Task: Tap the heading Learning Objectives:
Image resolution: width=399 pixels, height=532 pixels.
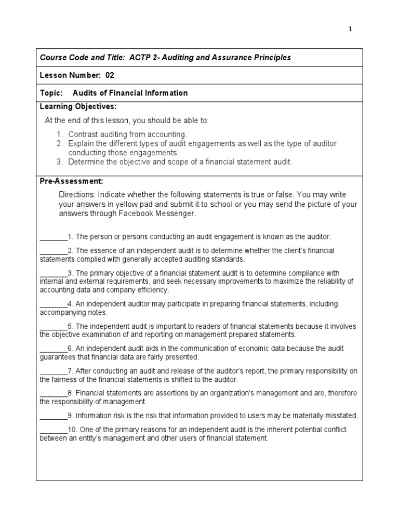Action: pos(78,107)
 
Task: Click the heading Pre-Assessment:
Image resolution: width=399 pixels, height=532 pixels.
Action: pos(72,181)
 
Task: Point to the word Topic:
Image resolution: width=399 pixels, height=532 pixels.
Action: pos(51,93)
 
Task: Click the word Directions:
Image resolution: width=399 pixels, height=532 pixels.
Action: pos(78,195)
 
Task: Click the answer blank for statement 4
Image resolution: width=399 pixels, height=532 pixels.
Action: pos(53,304)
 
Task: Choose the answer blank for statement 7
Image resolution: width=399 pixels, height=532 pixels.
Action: pos(53,371)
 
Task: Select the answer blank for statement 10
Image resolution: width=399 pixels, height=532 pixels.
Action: pos(53,430)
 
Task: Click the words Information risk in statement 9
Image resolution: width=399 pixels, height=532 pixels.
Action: pos(98,416)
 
